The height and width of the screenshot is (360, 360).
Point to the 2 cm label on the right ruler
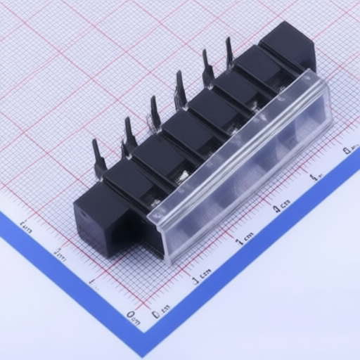[x=282, y=205]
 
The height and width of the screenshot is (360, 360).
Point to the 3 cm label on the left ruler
[x=26, y=226]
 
